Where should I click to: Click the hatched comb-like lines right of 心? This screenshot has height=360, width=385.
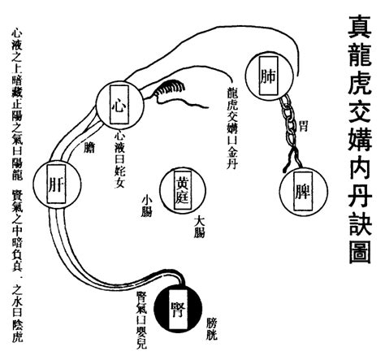coord(167,89)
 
